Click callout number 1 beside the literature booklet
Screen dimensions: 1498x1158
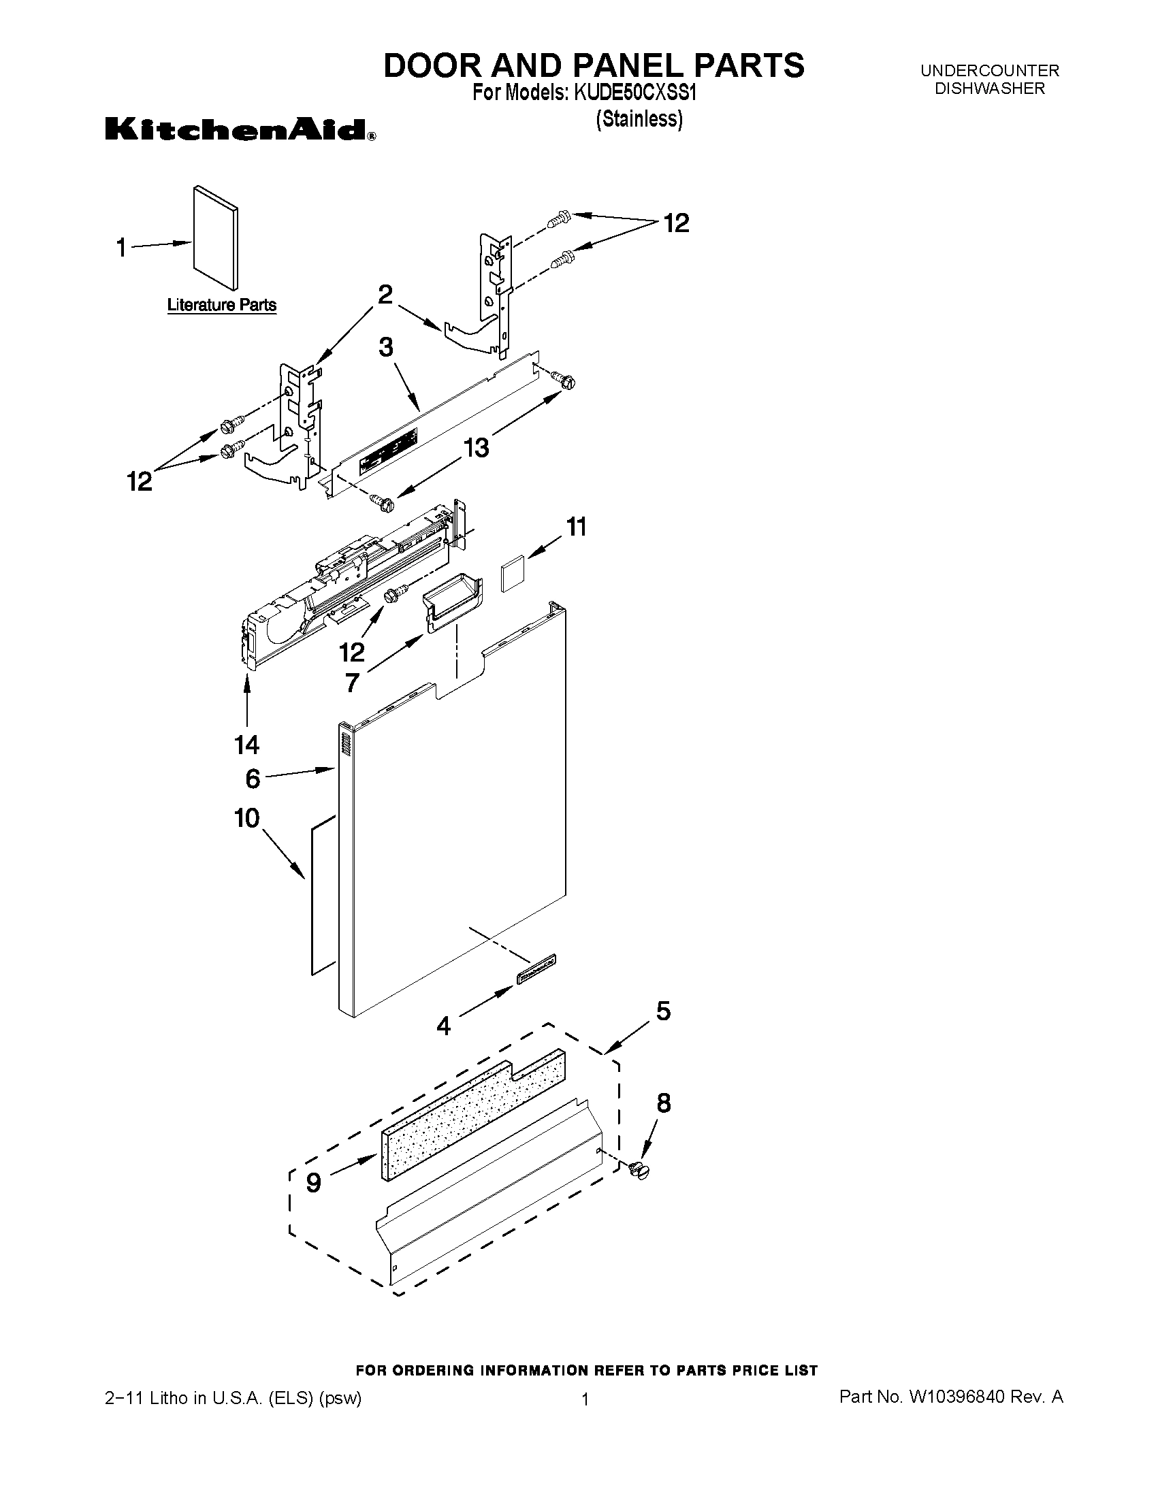(x=121, y=248)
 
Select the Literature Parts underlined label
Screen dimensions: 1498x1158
(x=221, y=305)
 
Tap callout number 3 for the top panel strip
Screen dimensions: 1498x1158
(x=386, y=348)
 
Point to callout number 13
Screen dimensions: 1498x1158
(x=476, y=447)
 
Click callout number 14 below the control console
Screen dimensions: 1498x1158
(x=247, y=743)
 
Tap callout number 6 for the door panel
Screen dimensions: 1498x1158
(x=253, y=779)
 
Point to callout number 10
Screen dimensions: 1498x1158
(x=247, y=817)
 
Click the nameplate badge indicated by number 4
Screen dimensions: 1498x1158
(x=536, y=970)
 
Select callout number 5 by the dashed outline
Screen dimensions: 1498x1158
(x=663, y=1010)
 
